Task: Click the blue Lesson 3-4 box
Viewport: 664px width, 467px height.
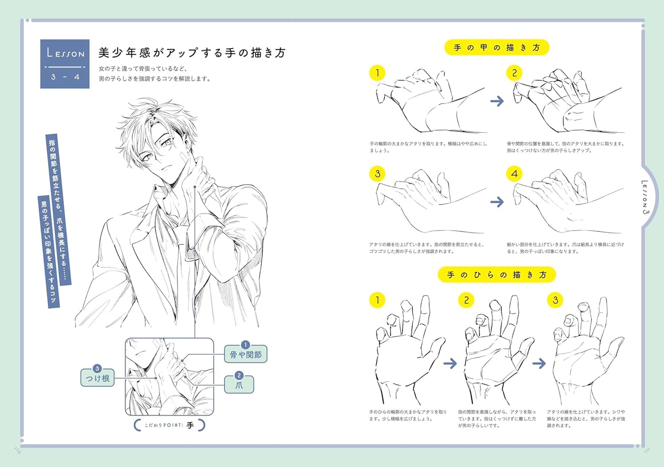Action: coord(65,64)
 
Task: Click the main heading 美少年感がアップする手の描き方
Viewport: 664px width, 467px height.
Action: coord(192,53)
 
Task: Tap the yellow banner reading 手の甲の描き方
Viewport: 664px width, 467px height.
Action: coord(496,48)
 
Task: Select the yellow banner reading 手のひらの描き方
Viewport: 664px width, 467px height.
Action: coord(496,275)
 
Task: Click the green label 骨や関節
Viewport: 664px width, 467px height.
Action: coord(245,354)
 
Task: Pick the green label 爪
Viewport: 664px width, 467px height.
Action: coord(239,384)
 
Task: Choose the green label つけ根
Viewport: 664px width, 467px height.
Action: coord(97,377)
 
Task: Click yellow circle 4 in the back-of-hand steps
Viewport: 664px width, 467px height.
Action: coord(514,174)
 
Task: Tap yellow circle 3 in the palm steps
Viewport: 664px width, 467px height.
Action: coord(555,300)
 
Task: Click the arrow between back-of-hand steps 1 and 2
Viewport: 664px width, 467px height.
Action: coord(497,101)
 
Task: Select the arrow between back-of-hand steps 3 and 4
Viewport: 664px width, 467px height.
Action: coord(497,202)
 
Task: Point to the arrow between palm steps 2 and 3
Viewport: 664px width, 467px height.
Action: coord(539,364)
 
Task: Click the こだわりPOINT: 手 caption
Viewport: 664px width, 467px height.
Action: coord(169,425)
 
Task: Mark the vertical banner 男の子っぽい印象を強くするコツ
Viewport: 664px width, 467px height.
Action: coord(48,252)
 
